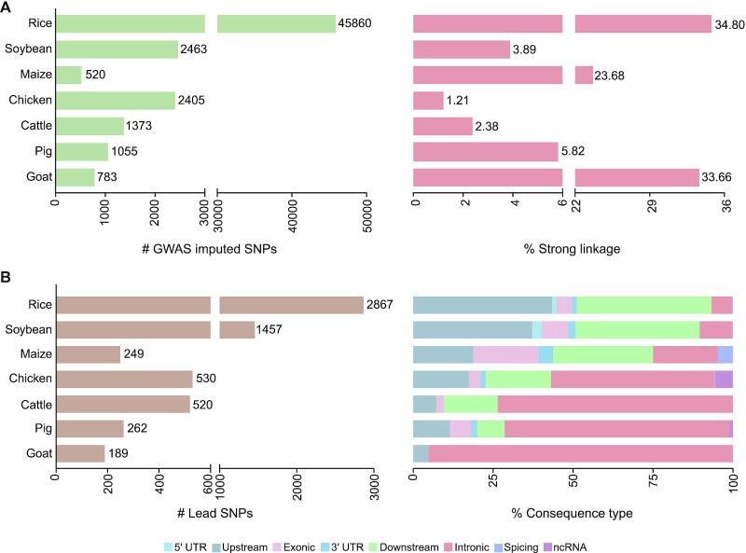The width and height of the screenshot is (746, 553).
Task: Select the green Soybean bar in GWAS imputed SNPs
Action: (x=117, y=49)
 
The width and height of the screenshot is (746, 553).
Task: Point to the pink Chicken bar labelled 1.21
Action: (x=429, y=100)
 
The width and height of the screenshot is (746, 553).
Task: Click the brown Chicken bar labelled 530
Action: (x=124, y=380)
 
